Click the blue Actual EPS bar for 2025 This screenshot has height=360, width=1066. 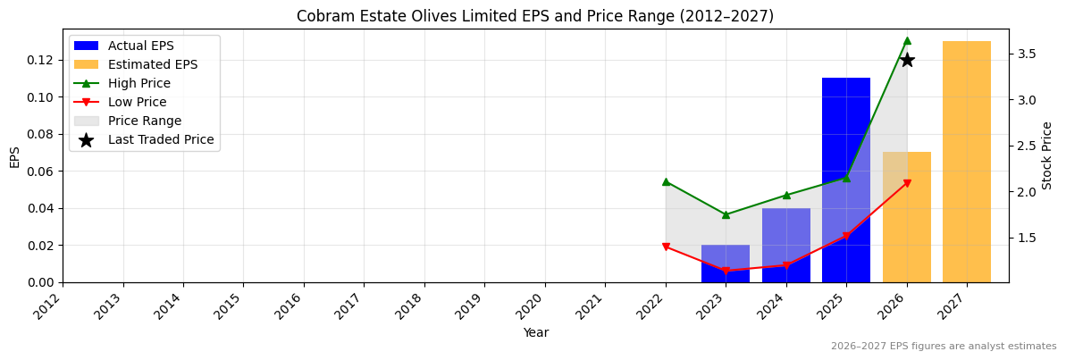pos(845,179)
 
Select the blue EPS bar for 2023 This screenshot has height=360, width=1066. pos(725,264)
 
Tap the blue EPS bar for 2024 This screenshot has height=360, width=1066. pos(785,246)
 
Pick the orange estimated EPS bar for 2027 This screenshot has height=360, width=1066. pos(966,161)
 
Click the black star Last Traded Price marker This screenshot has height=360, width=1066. pos(906,60)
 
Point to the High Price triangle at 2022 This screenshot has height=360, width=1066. pos(666,181)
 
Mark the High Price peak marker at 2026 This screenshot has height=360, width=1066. pos(906,40)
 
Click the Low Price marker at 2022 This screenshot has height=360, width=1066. pos(666,247)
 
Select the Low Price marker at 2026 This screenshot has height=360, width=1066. pos(906,183)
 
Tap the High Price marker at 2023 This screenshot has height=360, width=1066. pos(726,214)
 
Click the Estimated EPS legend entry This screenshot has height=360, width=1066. pos(153,64)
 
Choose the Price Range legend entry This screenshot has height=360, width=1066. pos(144,121)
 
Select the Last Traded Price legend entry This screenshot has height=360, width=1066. pos(161,139)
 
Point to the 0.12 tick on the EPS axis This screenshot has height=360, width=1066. pos(44,60)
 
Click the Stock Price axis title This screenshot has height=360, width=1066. pos(1047,155)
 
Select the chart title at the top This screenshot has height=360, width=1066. pos(535,16)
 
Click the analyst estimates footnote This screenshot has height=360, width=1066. pos(943,347)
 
